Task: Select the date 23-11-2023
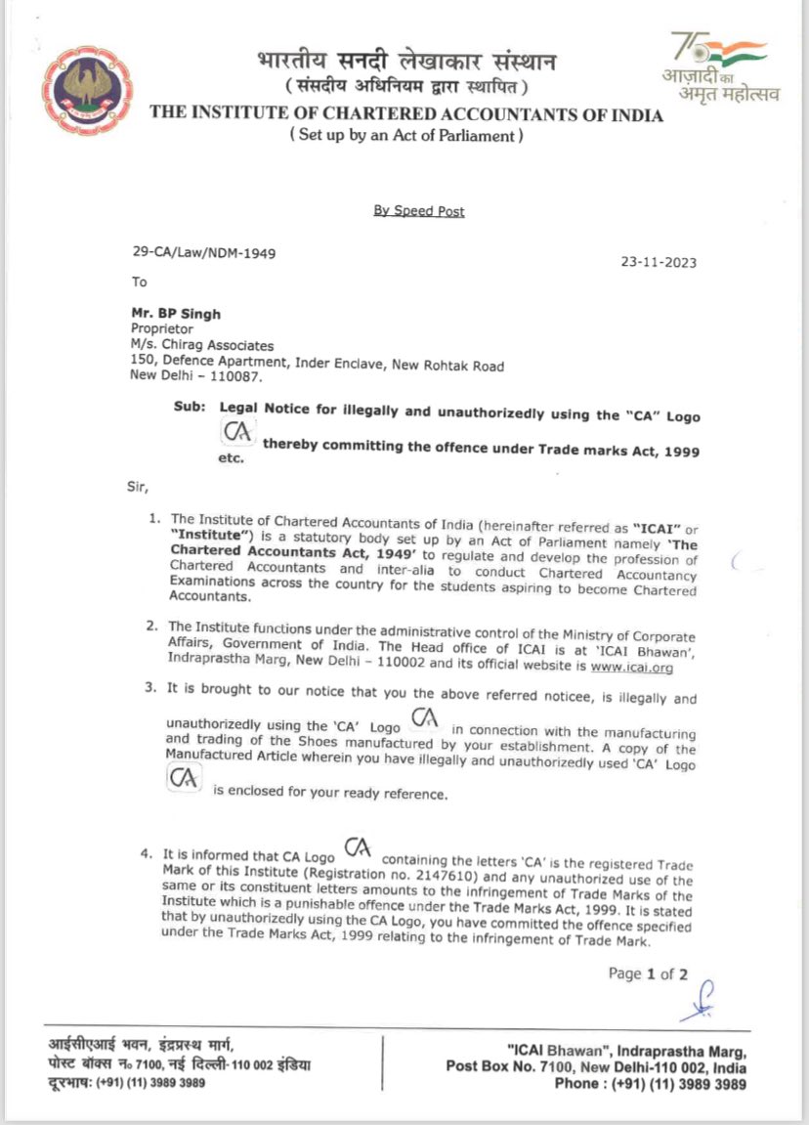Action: [660, 262]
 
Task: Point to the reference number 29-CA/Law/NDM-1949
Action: [203, 252]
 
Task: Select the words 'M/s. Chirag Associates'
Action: [202, 344]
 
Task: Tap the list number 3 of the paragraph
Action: [150, 689]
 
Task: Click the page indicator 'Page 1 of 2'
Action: [648, 974]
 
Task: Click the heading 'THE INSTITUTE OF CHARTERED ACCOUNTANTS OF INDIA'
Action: [406, 115]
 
